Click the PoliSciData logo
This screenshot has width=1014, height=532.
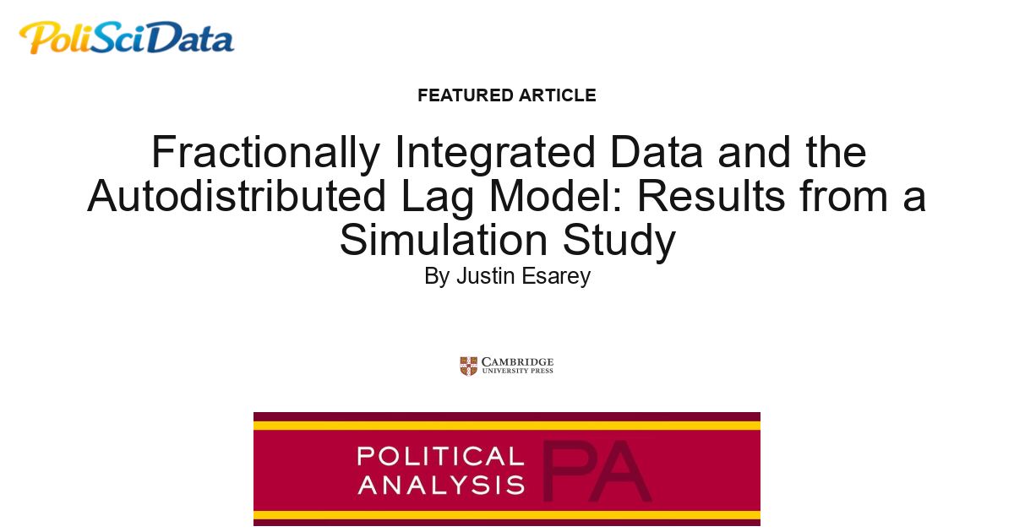click(x=127, y=38)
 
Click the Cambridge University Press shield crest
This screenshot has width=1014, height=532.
click(x=468, y=366)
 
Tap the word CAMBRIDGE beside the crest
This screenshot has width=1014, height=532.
click(x=517, y=361)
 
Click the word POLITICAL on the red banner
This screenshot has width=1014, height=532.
click(x=440, y=457)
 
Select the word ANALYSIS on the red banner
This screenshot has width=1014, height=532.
click(x=440, y=485)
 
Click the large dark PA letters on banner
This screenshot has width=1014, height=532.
click(x=596, y=471)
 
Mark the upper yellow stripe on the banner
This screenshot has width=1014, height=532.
click(x=507, y=425)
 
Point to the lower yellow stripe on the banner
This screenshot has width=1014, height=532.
click(x=507, y=514)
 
